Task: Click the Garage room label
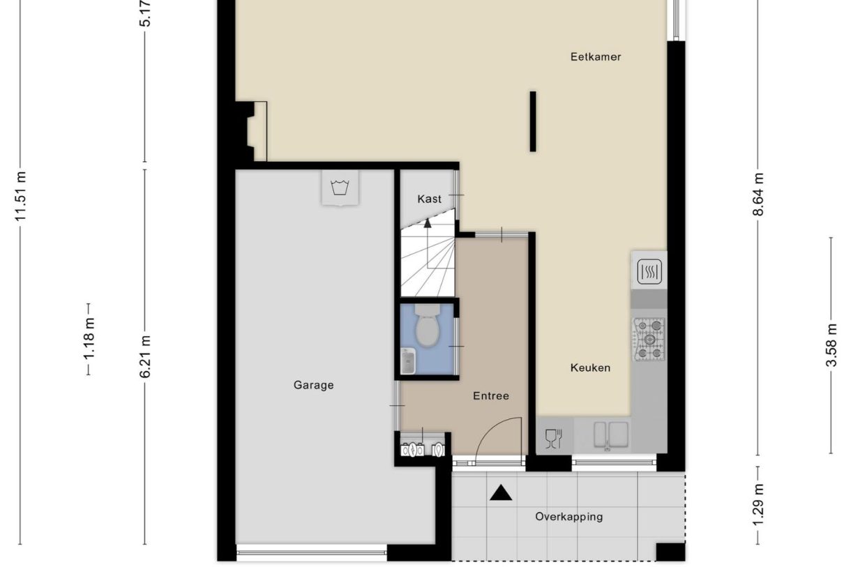click(313, 385)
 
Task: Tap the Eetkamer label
click(596, 57)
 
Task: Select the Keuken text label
click(590, 368)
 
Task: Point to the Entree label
click(491, 395)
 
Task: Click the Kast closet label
click(429, 199)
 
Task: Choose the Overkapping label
click(568, 517)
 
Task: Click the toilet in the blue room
click(426, 328)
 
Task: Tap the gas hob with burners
click(649, 340)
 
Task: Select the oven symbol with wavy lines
click(649, 271)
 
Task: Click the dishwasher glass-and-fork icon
click(553, 438)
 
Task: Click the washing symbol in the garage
click(340, 188)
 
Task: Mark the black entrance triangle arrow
click(500, 493)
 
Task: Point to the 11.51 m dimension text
click(21, 197)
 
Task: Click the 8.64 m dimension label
click(758, 195)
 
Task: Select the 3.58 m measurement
click(831, 345)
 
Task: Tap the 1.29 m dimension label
click(758, 505)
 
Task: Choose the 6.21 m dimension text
click(145, 356)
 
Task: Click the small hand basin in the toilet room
click(407, 362)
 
